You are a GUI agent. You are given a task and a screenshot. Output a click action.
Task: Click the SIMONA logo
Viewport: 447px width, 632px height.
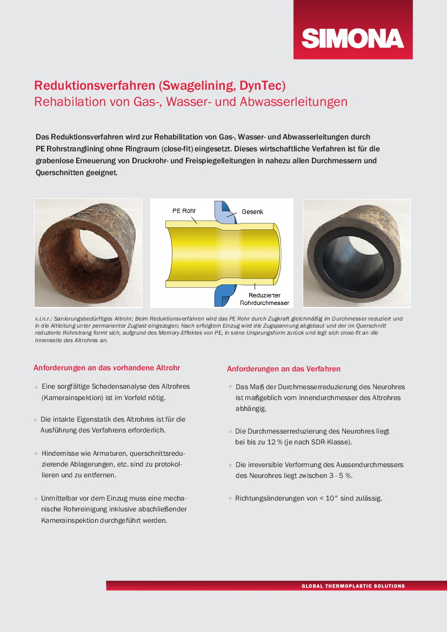(353, 38)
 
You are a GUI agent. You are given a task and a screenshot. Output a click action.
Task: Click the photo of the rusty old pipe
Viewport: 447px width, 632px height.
(88, 252)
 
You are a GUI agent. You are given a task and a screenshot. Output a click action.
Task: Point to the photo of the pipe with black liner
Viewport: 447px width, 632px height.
(356, 252)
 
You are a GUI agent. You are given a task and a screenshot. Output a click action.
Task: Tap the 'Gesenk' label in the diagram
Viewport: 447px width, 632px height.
(252, 212)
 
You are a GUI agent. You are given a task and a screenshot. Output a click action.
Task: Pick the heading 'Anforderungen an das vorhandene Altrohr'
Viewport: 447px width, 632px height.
(106, 368)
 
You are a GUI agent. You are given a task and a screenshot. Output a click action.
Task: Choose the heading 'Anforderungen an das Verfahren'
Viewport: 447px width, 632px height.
(284, 369)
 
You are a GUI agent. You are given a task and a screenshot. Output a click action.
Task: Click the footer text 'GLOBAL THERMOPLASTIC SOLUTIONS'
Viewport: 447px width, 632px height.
(353, 586)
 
